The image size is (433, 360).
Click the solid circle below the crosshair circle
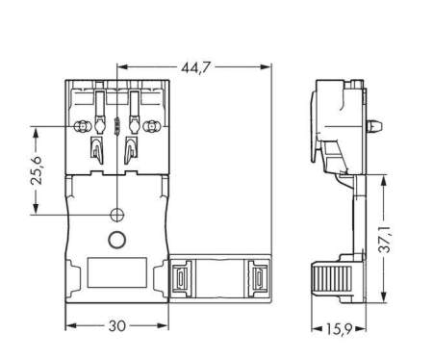coord(116,241)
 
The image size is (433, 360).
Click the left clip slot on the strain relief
coord(181,279)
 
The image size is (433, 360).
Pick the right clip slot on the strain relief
coord(257,279)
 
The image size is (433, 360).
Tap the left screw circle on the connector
coord(83,126)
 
